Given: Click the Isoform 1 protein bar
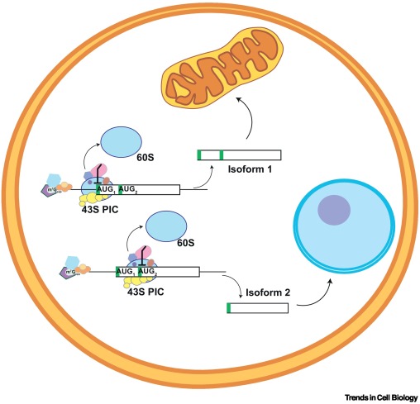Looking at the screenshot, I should point(240,154).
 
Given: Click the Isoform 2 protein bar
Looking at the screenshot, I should point(257,308).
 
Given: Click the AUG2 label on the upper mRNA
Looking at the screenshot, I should point(130,190).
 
